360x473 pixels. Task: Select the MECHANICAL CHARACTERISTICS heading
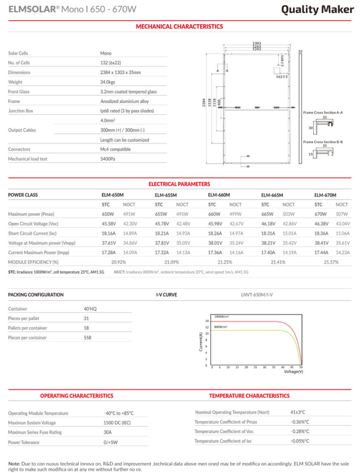pos(179,26)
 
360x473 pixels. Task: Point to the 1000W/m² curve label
pos(222,316)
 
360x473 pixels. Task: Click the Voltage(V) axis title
pos(294,371)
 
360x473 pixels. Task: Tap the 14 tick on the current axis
pos(206,321)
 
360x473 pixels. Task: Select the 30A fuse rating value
pos(107,432)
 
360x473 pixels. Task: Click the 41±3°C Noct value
pos(298,412)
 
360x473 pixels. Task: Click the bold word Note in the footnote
pos(14,463)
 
